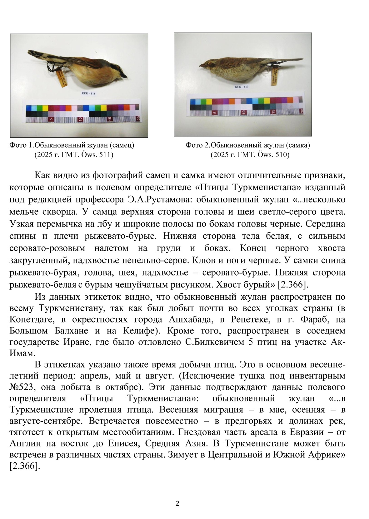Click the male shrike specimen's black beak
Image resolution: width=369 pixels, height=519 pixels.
point(124,75)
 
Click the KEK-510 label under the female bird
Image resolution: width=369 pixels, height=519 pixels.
point(242,87)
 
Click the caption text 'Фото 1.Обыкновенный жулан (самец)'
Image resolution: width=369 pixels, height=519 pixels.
point(72,145)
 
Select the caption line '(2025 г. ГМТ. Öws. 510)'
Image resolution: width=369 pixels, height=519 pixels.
point(250,155)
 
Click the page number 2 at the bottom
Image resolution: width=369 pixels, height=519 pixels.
point(177,503)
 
